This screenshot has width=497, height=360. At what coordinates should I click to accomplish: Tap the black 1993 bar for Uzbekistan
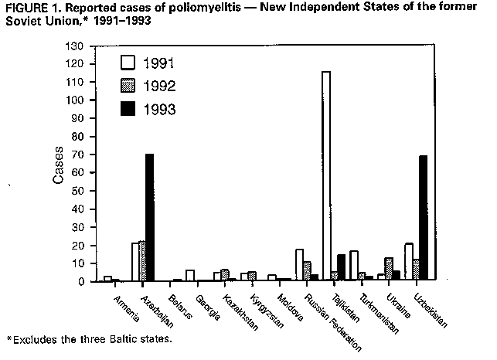423,219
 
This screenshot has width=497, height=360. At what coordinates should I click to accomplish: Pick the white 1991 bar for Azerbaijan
135,262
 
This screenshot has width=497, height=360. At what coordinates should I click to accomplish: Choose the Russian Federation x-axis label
319,320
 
